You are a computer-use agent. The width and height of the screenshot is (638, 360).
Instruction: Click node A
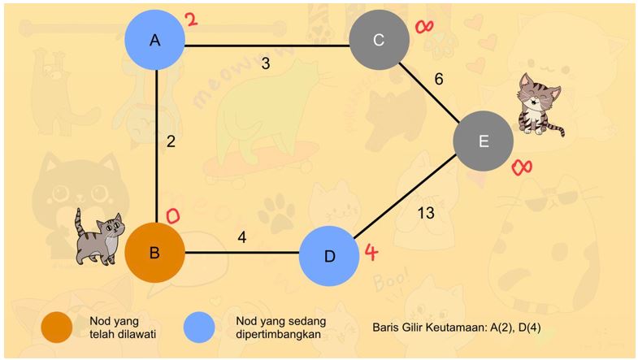click(155, 39)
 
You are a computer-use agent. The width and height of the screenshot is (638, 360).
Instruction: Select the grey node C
click(379, 39)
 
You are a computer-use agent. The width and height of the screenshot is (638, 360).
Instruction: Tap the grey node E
click(484, 141)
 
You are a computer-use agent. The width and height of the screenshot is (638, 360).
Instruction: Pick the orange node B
click(154, 252)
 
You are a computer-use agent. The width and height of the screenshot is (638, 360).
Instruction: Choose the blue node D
click(329, 256)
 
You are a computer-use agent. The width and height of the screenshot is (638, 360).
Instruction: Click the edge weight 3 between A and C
click(266, 63)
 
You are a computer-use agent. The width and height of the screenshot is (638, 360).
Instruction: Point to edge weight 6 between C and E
click(440, 79)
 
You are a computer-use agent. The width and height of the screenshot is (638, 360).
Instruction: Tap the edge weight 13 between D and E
click(425, 213)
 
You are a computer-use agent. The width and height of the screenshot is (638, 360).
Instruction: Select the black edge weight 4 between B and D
click(241, 238)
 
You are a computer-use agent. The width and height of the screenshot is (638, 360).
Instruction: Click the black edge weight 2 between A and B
click(171, 141)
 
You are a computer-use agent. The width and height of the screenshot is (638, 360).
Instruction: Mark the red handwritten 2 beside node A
click(192, 20)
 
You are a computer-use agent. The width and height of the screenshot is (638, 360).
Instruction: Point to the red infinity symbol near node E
click(522, 167)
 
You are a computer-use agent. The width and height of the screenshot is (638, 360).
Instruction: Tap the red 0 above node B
click(172, 215)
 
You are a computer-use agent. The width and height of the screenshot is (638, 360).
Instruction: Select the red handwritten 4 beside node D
click(371, 252)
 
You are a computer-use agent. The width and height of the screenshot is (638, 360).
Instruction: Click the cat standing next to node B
click(98, 237)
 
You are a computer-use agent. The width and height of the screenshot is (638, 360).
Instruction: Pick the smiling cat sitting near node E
click(540, 103)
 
